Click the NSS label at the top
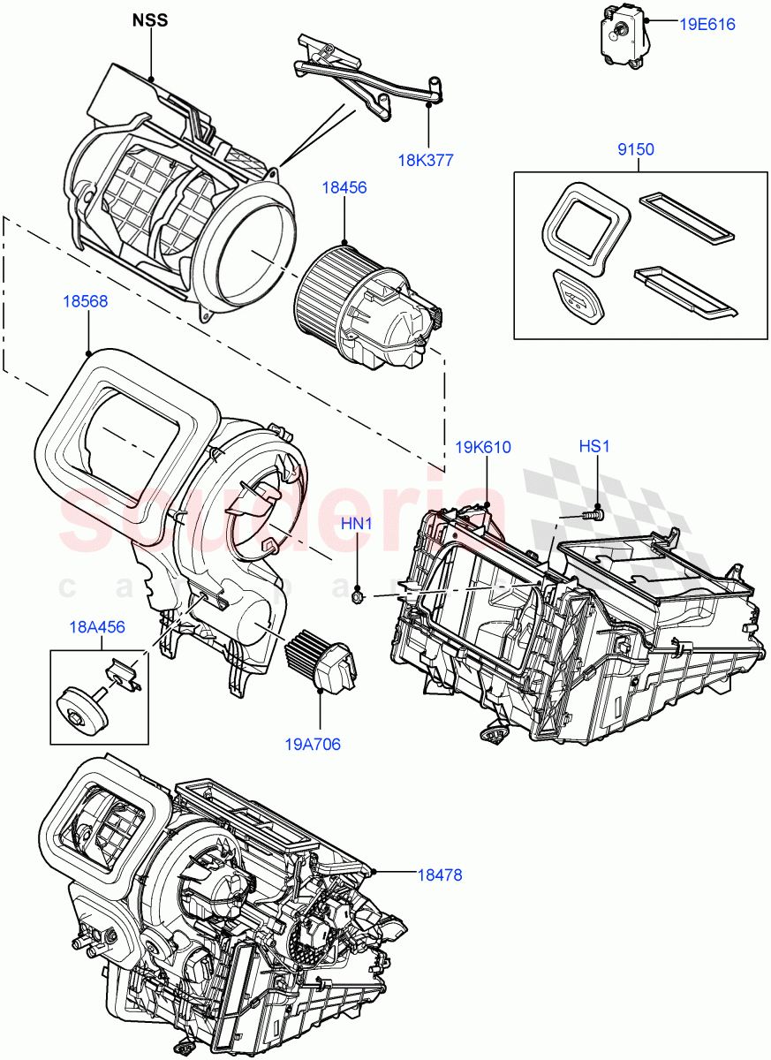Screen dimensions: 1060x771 (149, 19)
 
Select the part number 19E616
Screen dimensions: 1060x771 (707, 25)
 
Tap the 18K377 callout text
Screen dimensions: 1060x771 (426, 160)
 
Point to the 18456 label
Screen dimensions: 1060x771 (344, 188)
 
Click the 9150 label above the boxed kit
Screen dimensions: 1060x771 (635, 149)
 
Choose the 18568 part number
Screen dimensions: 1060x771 (85, 301)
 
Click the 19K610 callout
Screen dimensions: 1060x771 (483, 447)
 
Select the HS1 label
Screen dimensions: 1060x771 (594, 447)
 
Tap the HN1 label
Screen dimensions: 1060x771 (357, 525)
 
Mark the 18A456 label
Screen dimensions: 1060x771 (97, 627)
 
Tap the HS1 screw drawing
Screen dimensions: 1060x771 (593, 511)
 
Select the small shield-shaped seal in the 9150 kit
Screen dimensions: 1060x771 (578, 296)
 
